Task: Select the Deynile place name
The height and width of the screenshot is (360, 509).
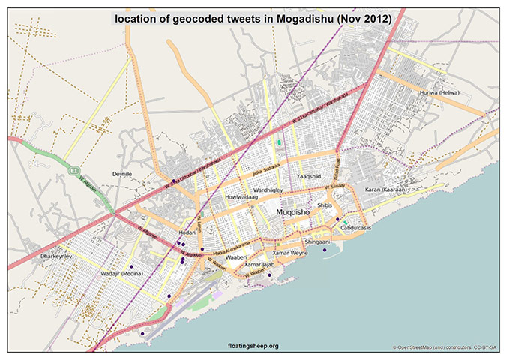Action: pos(121,173)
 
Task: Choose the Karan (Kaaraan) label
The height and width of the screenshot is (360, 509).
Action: pos(386,190)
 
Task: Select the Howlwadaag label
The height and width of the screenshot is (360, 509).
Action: pos(241,198)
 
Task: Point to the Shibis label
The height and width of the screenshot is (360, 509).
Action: pos(325,204)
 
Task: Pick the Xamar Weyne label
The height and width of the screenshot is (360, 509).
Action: pos(290,253)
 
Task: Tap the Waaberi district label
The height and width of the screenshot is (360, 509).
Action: pos(236,257)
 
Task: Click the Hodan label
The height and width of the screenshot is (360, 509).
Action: pos(187,232)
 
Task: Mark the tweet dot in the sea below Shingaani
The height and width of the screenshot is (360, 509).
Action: pos(325,250)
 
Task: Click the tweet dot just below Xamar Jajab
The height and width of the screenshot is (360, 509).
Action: pos(269,275)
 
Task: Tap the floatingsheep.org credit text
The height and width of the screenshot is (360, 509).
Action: pos(253,346)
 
